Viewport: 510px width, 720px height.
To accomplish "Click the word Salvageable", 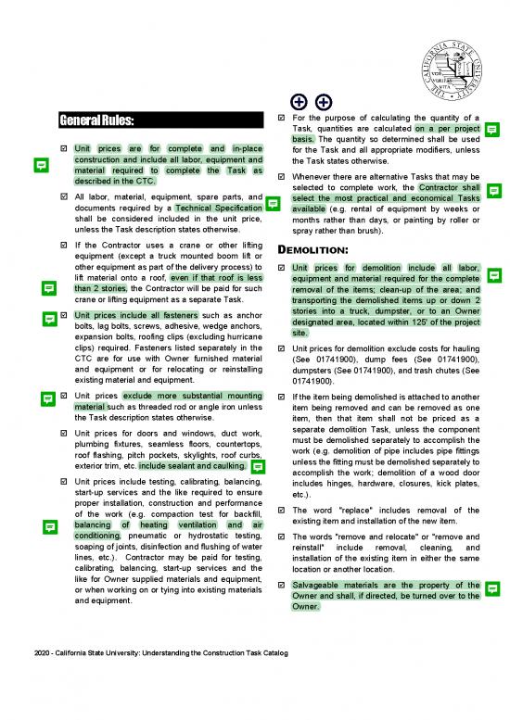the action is point(324,585).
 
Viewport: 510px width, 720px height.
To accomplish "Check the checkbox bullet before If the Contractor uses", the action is point(63,246).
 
